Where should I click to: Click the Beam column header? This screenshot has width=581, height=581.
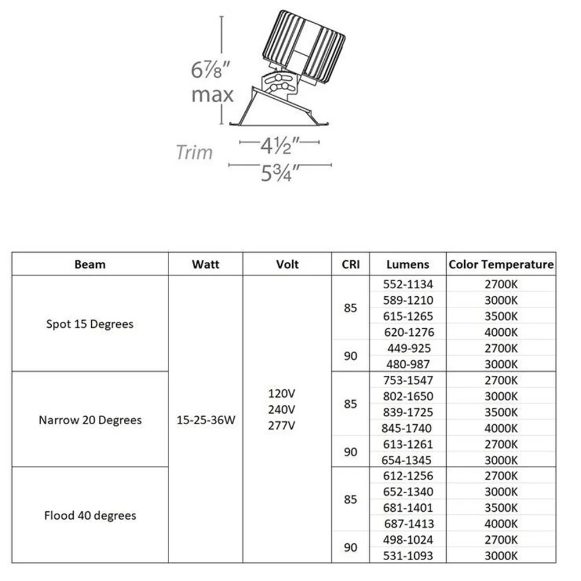coord(90,264)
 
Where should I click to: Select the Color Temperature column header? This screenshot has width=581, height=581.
coord(501,264)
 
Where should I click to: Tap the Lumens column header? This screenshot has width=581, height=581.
coord(408,264)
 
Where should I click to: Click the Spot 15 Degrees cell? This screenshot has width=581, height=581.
coord(89,324)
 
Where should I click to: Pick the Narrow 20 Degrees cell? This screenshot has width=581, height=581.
coord(90,420)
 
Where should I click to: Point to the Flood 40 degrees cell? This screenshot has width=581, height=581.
coord(90,515)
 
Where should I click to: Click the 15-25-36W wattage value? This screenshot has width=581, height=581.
coord(206,420)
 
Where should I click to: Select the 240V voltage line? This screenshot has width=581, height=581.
coord(282,410)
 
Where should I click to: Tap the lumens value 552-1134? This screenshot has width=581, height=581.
coord(408,284)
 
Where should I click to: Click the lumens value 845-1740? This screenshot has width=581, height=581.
coord(407,428)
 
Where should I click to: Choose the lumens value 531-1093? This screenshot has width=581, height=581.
coord(408,556)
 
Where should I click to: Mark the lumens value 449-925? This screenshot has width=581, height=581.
coord(409,348)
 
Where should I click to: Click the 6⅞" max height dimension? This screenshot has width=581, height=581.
coord(212,81)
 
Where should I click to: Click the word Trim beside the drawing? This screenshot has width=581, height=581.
coord(195,152)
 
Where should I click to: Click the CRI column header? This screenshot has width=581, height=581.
coord(350,264)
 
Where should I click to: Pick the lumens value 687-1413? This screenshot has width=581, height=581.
coord(409,524)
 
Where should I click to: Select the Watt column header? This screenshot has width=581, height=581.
coord(206,264)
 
